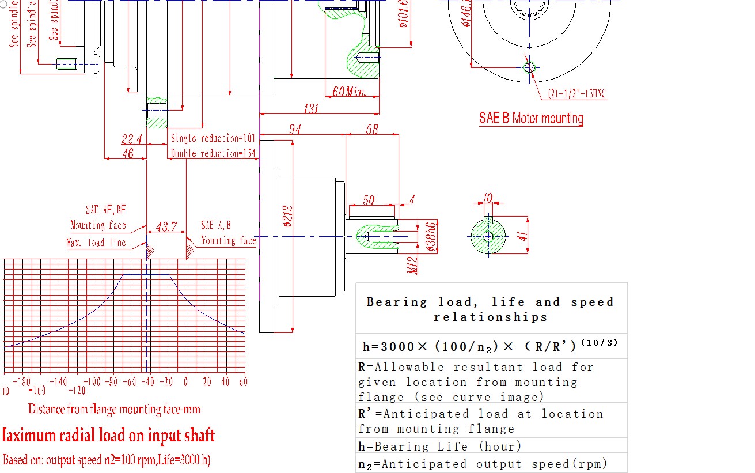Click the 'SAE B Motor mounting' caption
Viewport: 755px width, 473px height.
(531, 119)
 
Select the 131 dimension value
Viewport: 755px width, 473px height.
(312, 108)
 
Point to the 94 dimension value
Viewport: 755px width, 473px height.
(295, 129)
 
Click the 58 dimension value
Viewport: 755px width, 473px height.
(372, 129)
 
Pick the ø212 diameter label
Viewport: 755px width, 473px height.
(289, 220)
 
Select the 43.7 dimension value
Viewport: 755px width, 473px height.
(166, 227)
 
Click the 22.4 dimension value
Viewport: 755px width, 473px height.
(132, 139)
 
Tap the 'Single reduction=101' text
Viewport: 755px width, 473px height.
(213, 138)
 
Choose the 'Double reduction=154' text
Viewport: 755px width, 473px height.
(213, 154)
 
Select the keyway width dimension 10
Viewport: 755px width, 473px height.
(488, 198)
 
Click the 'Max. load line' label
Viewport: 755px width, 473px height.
(96, 243)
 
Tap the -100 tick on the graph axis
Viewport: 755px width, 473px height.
(92, 381)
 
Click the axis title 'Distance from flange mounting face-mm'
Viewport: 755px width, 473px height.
(115, 410)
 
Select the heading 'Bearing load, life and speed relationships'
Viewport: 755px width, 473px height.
(490, 309)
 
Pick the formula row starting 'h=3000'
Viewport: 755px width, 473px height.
(490, 346)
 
